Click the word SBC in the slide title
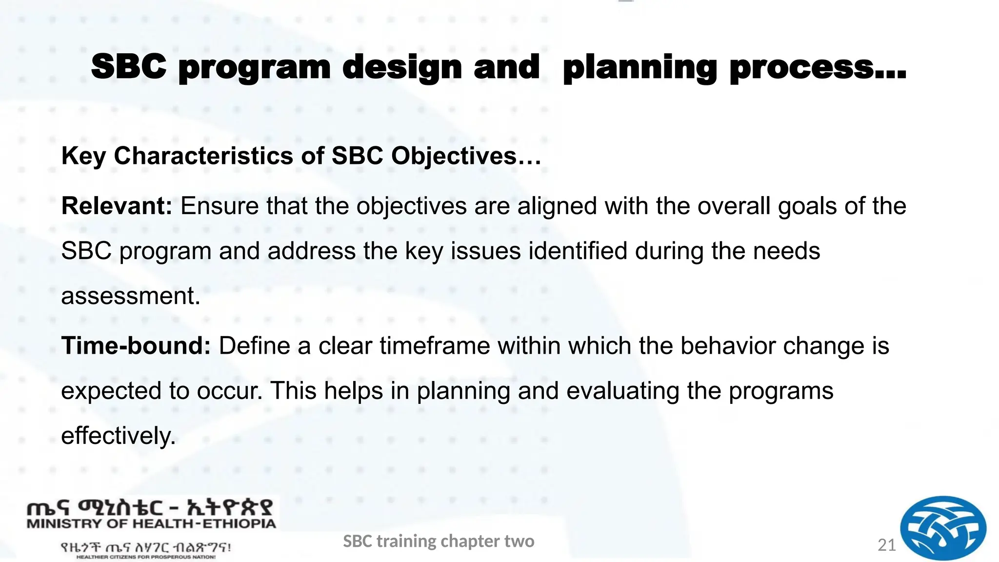(x=129, y=67)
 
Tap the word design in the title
(x=402, y=68)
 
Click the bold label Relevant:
(x=117, y=206)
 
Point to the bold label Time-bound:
(x=136, y=346)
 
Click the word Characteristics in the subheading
(x=203, y=156)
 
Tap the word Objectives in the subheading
(x=454, y=156)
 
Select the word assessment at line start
(x=130, y=296)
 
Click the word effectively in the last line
(x=118, y=436)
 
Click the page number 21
(x=886, y=545)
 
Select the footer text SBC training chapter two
(x=439, y=541)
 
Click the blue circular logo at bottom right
(x=942, y=528)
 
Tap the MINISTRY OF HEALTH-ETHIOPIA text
(x=151, y=524)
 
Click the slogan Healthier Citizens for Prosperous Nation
(x=146, y=557)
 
